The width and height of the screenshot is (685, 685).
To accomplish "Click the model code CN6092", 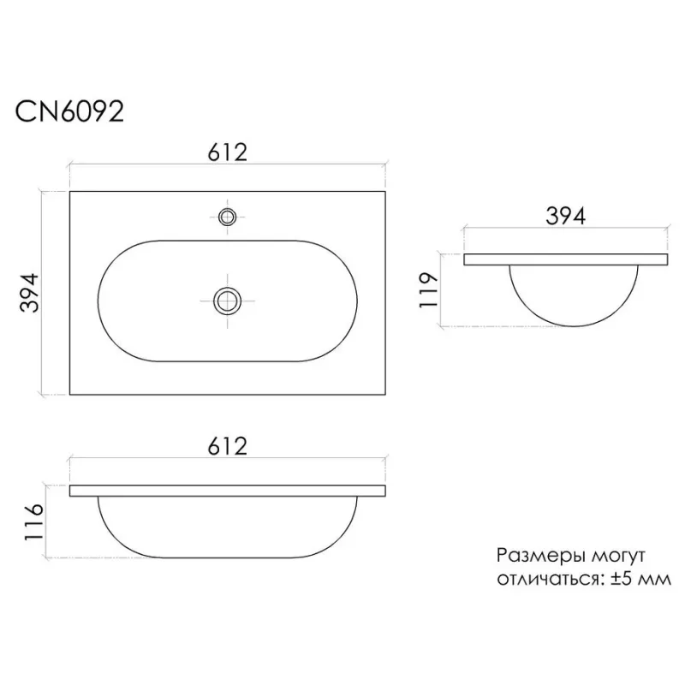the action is click(x=69, y=112).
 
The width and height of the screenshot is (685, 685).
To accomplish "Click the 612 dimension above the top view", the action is click(x=227, y=152).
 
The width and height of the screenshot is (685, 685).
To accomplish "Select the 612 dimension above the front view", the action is click(x=227, y=446).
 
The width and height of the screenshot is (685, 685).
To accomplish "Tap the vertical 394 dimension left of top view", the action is click(x=30, y=293).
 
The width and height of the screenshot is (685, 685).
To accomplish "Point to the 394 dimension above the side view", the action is click(x=565, y=216).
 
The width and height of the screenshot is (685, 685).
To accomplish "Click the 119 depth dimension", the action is click(x=428, y=290).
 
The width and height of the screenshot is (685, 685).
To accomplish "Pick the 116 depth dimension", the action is click(x=33, y=522).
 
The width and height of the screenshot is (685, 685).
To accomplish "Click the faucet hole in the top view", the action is click(x=227, y=217).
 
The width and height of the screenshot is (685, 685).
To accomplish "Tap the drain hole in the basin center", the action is click(x=227, y=301).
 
